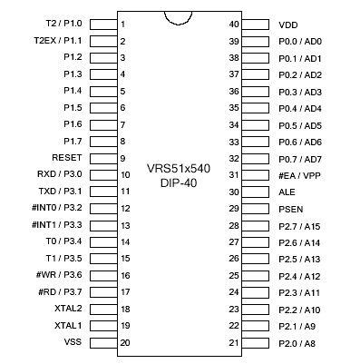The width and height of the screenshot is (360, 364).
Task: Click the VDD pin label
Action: coord(287,25)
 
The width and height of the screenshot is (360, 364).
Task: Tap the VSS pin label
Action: coord(73,342)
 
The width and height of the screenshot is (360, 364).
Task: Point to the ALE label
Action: coord(287,192)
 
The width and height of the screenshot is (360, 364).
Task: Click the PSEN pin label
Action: coord(290,209)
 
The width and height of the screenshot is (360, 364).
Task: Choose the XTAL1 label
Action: coord(68,325)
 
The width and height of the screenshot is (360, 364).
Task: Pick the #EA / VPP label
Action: coord(298,175)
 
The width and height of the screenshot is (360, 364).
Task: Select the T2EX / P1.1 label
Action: coord(57,41)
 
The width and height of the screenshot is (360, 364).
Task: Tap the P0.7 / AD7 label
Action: coord(301,159)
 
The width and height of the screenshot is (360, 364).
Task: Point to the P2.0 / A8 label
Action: coord(298,342)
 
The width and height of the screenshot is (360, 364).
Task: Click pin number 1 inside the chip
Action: coord(122,25)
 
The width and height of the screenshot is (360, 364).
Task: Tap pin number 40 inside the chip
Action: coord(234,25)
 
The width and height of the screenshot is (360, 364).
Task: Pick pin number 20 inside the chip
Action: coord(124,342)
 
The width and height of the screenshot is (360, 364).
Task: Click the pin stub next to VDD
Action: coord(257,25)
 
